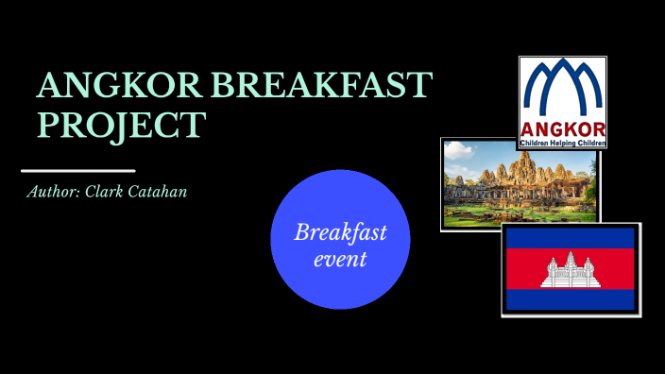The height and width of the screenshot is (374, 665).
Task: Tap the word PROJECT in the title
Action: tap(120, 124)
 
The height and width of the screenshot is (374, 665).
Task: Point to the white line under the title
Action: tap(78, 171)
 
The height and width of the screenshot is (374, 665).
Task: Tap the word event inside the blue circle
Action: tap(340, 258)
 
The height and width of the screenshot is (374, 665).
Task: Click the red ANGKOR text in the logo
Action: tap(562, 130)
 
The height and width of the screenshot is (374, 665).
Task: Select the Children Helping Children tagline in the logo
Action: tap(562, 143)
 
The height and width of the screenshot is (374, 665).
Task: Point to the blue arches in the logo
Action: tap(562, 91)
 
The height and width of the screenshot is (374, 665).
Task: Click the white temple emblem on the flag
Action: tap(571, 271)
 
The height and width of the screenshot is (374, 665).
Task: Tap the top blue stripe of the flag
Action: tap(571, 238)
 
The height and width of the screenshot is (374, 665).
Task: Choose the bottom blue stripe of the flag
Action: tap(571, 300)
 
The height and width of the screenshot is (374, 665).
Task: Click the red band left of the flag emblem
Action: tap(524, 270)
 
